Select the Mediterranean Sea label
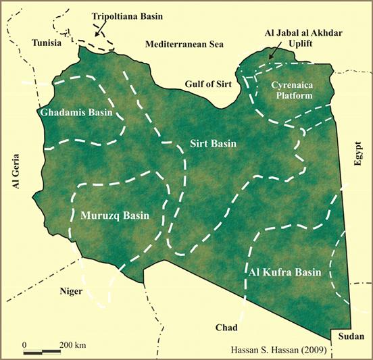point(182,43)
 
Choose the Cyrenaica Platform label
point(294,91)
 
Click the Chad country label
point(226,328)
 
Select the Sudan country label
point(351,336)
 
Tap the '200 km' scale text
point(71,345)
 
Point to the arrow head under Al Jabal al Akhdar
point(270,58)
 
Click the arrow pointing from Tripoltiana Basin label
point(100,28)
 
